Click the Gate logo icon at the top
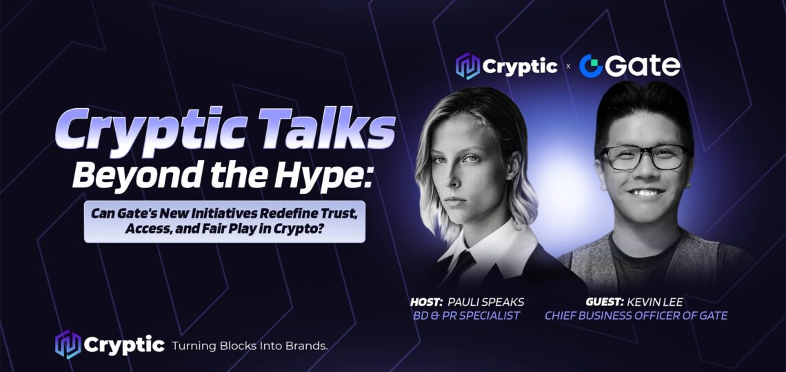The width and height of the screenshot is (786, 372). [590, 66]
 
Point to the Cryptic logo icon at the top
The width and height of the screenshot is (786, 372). [467, 66]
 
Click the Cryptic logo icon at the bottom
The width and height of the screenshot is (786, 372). [68, 344]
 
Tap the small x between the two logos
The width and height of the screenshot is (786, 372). [568, 67]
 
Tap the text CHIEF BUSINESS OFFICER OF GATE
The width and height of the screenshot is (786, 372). [636, 316]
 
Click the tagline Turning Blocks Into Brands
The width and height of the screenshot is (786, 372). [250, 345]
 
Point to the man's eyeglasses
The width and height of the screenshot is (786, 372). [644, 156]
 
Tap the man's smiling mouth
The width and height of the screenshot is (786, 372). [645, 193]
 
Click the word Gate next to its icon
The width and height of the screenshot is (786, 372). [643, 66]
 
